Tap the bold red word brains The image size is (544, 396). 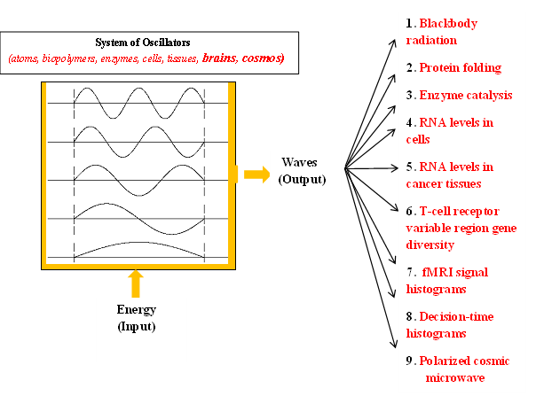tap(222, 58)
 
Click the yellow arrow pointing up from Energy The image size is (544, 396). tap(135, 283)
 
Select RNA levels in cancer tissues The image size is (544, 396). tap(454, 175)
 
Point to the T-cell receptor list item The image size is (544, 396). tap(462, 228)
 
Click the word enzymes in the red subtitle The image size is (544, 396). tap(106, 58)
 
